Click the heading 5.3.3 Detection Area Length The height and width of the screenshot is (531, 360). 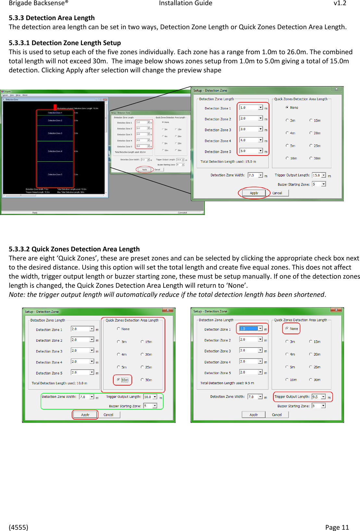pyautogui.click(x=52, y=18)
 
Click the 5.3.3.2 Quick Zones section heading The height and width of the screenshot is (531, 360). pyautogui.click(x=74, y=249)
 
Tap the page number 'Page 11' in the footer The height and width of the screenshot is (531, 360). pyautogui.click(x=337, y=527)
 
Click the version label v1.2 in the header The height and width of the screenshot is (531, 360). pyautogui.click(x=340, y=3)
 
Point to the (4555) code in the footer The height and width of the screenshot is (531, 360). pyautogui.click(x=19, y=527)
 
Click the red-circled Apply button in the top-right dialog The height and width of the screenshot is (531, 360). pyautogui.click(x=254, y=193)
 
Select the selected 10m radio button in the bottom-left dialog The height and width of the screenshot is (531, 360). pyautogui.click(x=119, y=380)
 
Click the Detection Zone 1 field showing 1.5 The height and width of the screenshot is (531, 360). pyautogui.click(x=249, y=329)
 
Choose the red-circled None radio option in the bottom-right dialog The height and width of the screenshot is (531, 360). pyautogui.click(x=287, y=328)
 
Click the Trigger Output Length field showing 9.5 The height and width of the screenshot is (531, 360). pyautogui.click(x=316, y=397)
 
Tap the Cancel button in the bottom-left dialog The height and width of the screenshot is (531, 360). pyautogui.click(x=108, y=415)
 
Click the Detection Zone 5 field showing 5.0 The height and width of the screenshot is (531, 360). pyautogui.click(x=249, y=151)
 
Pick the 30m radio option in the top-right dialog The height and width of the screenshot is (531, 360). pyautogui.click(x=311, y=158)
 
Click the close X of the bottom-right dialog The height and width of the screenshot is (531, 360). pyautogui.click(x=336, y=310)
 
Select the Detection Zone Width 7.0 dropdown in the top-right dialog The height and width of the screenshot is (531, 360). pyautogui.click(x=255, y=175)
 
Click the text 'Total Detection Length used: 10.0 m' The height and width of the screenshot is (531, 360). pyautogui.click(x=59, y=383)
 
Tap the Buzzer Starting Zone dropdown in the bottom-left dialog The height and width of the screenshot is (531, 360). pyautogui.click(x=150, y=406)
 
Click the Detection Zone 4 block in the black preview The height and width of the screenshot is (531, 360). pyautogui.click(x=55, y=151)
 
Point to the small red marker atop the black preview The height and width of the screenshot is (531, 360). pyautogui.click(x=55, y=107)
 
